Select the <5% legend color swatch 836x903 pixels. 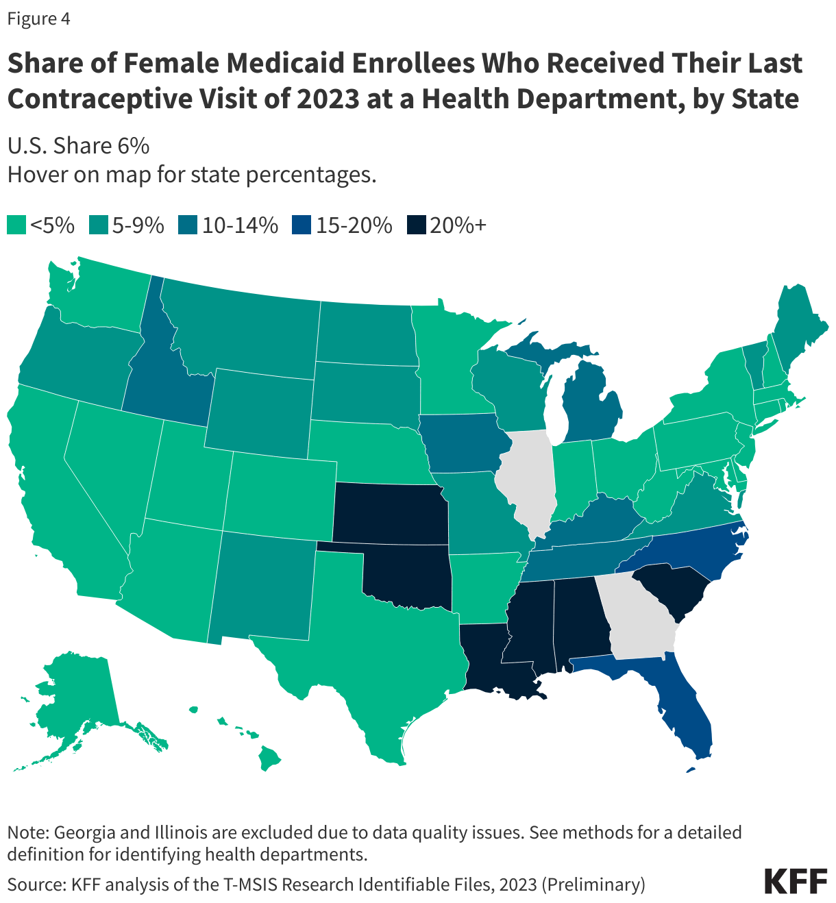[x=16, y=225]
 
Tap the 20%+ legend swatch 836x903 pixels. [x=416, y=225]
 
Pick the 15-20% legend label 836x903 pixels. [x=354, y=225]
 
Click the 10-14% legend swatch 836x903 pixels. [x=188, y=225]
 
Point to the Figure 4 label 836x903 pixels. [x=38, y=18]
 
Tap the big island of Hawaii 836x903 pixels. [x=271, y=757]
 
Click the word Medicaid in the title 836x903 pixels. [x=287, y=64]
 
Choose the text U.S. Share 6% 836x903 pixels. [x=78, y=146]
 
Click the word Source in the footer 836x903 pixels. [x=34, y=884]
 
